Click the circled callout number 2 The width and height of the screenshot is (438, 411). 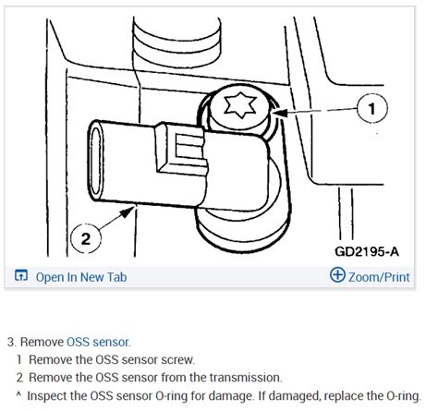pyautogui.click(x=85, y=238)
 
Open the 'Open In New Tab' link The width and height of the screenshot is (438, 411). pyautogui.click(x=80, y=276)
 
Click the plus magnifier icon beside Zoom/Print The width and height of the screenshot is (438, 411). pyautogui.click(x=337, y=275)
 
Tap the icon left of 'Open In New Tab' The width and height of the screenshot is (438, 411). pyautogui.click(x=21, y=276)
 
